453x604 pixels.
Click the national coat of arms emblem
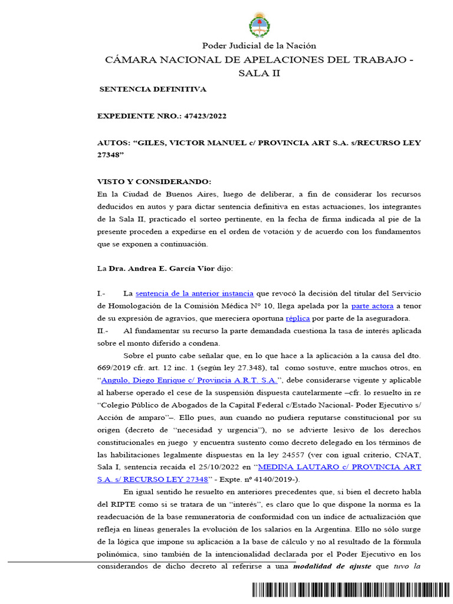(259, 26)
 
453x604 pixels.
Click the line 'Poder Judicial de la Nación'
(259, 45)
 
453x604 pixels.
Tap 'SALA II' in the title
(259, 73)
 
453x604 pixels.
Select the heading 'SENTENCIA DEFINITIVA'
(152, 89)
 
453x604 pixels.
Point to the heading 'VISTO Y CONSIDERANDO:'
(153, 182)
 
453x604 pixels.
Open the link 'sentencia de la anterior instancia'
(195, 293)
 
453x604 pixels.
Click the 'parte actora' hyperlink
(373, 306)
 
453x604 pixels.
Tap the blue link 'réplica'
(298, 319)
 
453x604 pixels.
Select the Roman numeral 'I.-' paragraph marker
(101, 293)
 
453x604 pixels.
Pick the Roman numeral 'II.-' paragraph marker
(102, 331)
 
